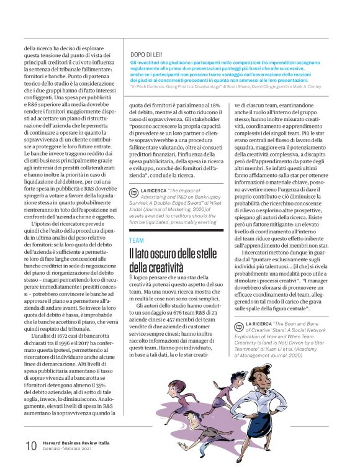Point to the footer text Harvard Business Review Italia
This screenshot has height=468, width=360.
tap(77, 443)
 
